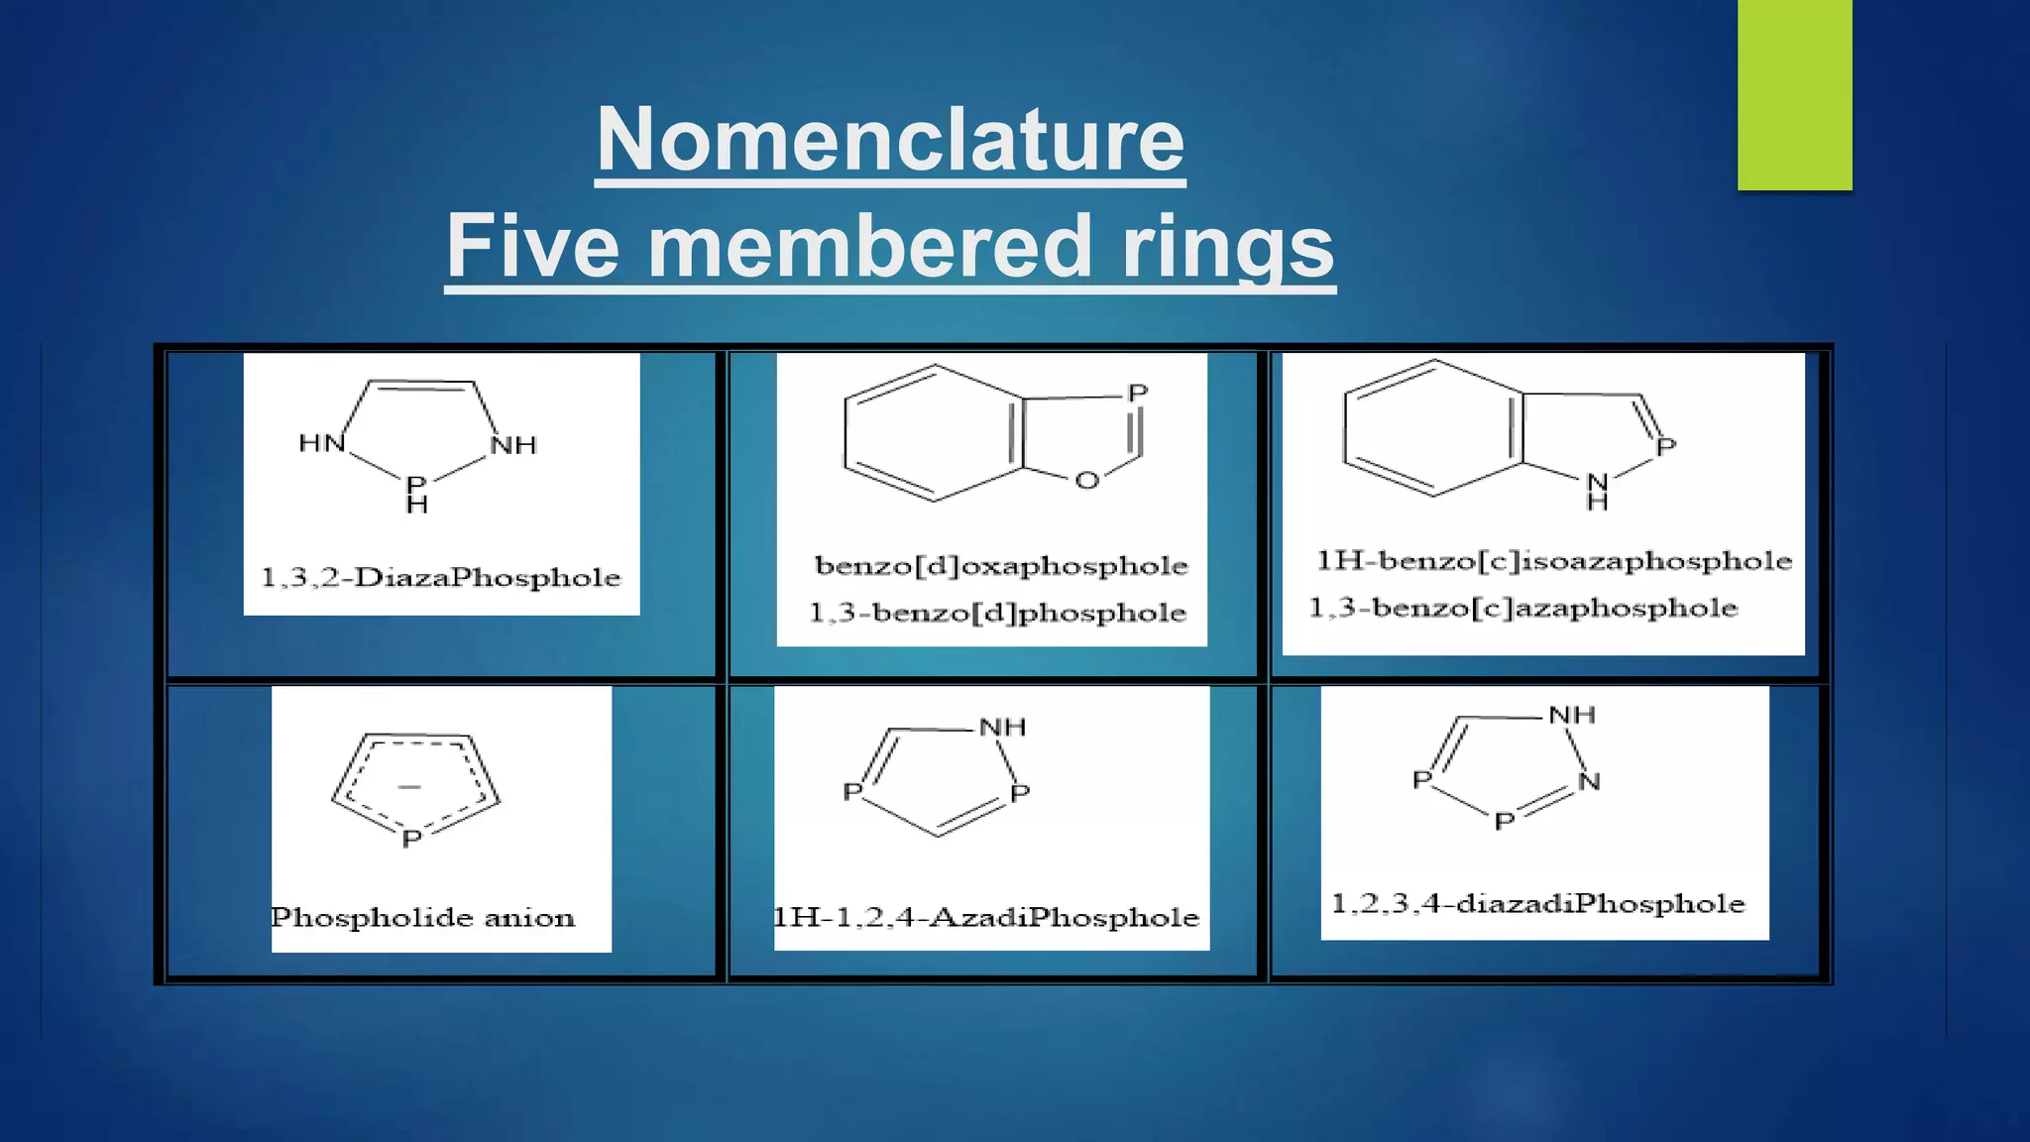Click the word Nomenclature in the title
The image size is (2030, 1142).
point(890,140)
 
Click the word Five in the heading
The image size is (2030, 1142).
point(532,247)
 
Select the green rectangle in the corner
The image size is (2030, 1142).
point(1794,95)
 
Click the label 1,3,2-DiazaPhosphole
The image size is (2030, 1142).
point(441,577)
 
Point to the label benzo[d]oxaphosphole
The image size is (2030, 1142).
point(1001,565)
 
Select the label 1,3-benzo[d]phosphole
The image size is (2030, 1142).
point(997,613)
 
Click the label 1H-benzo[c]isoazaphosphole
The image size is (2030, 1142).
point(1554,561)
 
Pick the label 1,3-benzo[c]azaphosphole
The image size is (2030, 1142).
point(1523,608)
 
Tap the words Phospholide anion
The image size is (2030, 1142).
point(423,917)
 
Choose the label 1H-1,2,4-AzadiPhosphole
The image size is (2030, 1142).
point(986,917)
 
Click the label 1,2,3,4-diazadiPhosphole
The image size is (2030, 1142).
point(1537,903)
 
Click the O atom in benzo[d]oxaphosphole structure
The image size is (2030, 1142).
point(1087,481)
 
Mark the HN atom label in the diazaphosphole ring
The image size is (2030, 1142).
point(321,443)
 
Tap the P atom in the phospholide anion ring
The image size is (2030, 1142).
point(411,839)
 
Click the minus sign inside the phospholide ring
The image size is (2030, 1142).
point(409,787)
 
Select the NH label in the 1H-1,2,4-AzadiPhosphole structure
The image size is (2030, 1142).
point(1002,727)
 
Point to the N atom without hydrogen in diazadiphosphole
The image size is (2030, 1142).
point(1589,781)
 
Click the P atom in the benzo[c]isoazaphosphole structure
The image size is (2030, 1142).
point(1666,446)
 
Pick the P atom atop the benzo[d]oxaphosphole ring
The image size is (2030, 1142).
point(1138,394)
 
